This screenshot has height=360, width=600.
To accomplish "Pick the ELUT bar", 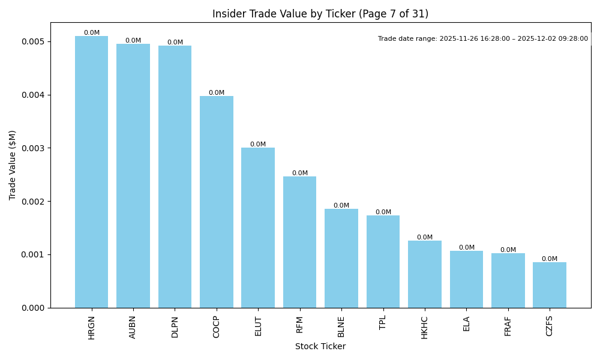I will coord(258,227).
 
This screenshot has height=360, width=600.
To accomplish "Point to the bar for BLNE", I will coord(341,258).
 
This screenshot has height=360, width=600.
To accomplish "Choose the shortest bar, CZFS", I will coord(550,285).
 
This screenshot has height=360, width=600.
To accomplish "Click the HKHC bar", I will coord(425,274).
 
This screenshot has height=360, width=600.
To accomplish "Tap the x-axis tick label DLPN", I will coord(175,327).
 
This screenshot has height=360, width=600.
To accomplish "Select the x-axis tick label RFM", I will coord(299,324).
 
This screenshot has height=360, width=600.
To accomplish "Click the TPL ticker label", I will coord(383,322).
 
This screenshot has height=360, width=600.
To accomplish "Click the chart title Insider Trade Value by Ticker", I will coord(320,14).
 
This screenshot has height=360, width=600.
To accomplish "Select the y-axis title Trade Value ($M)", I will coord(13,165).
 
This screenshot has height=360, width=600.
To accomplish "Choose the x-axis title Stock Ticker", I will coord(320,346).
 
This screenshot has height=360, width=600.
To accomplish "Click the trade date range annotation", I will coord(483,39).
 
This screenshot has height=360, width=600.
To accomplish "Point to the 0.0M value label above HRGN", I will coord(92,33).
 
